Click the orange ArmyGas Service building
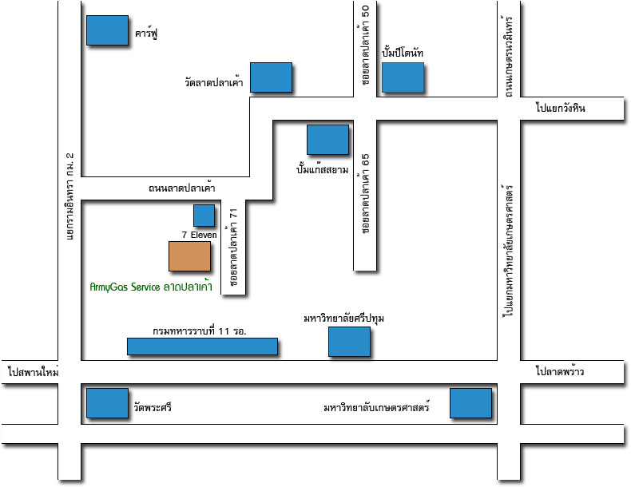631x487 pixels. (189, 256)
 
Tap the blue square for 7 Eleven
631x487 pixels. (204, 215)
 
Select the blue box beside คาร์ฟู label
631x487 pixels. (106, 30)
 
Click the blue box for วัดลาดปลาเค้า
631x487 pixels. (271, 77)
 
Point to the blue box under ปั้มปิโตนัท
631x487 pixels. (402, 77)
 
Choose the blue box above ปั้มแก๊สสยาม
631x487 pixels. (327, 139)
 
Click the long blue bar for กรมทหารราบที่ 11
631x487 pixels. (202, 346)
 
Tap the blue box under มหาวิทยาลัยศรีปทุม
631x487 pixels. (349, 341)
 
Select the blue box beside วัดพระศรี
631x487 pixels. (106, 403)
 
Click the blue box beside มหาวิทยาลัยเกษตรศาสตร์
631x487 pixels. (470, 403)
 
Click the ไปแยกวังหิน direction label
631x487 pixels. (561, 109)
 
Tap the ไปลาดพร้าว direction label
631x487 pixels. (561, 372)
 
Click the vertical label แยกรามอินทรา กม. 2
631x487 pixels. (69, 195)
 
